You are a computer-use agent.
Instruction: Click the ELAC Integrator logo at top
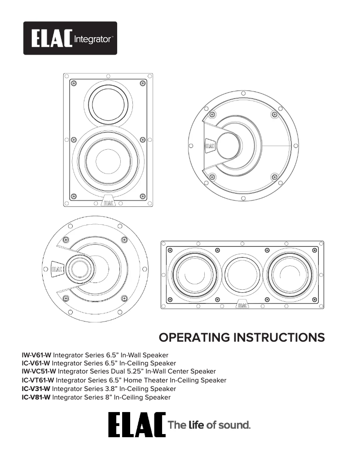click(70, 38)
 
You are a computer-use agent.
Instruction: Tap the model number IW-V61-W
click(37, 355)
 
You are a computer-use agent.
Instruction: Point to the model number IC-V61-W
click(36, 363)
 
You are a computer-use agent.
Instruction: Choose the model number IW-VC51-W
click(39, 372)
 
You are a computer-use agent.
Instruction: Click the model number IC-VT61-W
click(38, 380)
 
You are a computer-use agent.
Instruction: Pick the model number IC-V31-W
click(36, 389)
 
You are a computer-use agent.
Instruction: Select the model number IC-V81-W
click(36, 397)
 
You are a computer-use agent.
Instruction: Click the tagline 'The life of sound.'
click(209, 425)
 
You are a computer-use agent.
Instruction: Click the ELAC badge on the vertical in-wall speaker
click(108, 202)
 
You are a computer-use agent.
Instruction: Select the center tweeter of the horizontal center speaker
click(242, 274)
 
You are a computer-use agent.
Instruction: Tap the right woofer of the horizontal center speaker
click(291, 274)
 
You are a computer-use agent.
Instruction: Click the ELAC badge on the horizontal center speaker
click(242, 305)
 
